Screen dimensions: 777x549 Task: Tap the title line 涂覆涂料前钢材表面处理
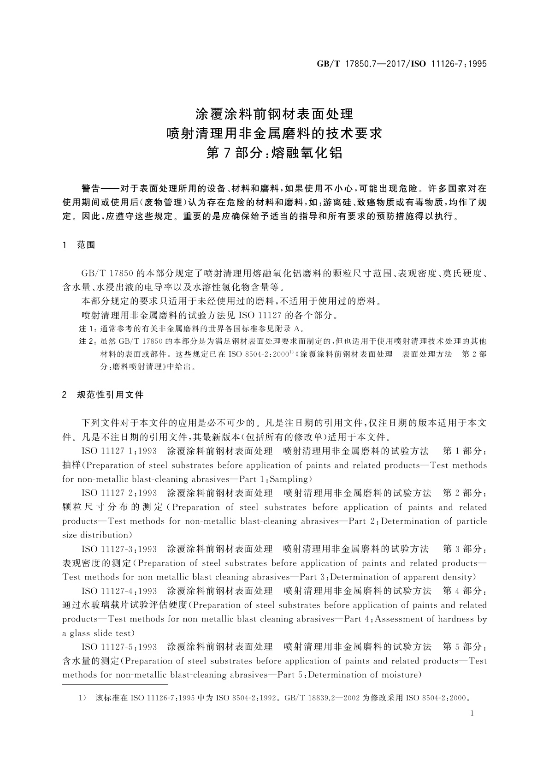274,114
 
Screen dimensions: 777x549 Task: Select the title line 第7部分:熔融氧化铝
274,153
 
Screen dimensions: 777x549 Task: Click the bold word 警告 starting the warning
91,189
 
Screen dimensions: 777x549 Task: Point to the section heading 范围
86,245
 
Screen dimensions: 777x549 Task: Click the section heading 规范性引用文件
110,394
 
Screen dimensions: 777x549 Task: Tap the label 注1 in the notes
86,329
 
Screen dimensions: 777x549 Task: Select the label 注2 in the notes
86,341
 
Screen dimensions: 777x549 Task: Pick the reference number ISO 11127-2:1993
119,493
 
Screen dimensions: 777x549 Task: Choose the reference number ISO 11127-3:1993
119,549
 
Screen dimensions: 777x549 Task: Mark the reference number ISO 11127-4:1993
119,591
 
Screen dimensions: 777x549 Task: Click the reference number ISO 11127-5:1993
119,646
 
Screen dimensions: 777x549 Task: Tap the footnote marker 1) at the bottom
83,698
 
